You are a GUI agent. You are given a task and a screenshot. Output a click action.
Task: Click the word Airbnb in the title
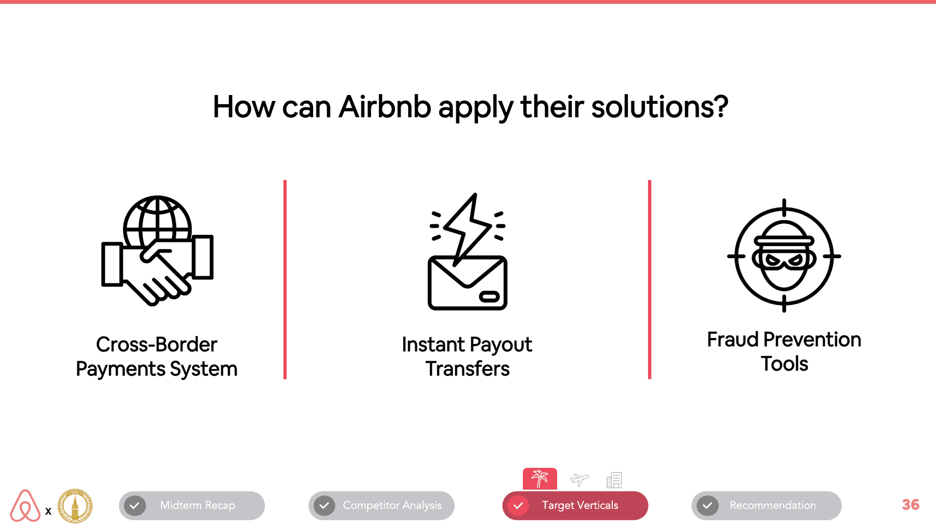[385, 107]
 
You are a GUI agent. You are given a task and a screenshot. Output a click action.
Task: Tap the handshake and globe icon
[157, 251]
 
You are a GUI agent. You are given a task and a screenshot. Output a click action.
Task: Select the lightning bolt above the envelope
[467, 228]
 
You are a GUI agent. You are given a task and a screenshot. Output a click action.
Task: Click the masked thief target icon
[784, 256]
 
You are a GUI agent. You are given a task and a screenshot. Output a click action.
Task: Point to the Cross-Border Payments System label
[157, 356]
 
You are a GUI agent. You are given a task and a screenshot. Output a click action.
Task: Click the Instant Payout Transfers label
[467, 356]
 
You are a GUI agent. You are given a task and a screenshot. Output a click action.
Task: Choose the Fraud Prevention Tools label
[784, 351]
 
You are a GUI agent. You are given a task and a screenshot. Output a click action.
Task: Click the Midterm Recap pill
[192, 505]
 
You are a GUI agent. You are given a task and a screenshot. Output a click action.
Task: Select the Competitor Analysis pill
[382, 505]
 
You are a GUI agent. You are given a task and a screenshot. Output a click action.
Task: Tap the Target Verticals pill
[575, 505]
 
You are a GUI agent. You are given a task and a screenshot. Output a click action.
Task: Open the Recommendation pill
[766, 505]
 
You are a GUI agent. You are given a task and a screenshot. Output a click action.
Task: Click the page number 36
[910, 505]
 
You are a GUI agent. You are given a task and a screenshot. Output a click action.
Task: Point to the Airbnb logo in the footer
[25, 506]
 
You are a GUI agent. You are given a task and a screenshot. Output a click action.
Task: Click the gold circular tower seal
[75, 506]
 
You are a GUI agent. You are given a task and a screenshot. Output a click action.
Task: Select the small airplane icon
[580, 480]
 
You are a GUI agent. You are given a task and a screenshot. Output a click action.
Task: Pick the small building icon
[614, 480]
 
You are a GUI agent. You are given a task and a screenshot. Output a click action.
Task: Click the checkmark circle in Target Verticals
[518, 506]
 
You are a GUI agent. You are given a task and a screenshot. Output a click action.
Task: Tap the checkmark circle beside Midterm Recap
[135, 506]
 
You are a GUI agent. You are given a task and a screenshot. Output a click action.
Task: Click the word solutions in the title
[659, 107]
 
